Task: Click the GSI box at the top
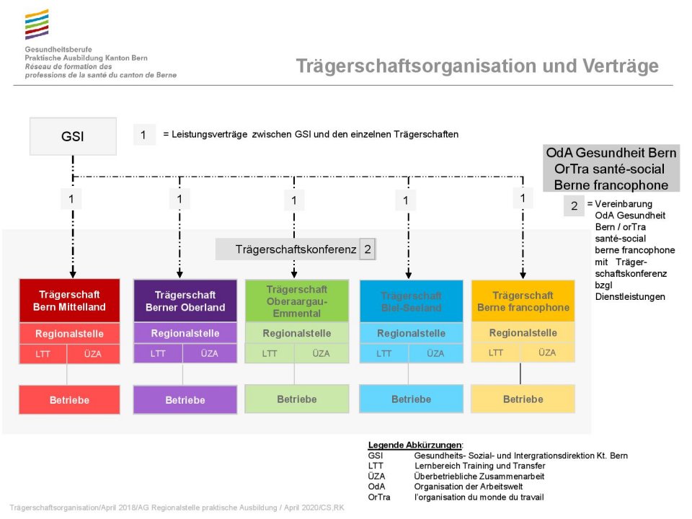[72, 136]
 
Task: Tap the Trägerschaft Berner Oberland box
[185, 301]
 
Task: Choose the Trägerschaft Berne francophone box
[523, 301]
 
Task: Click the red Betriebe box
[69, 399]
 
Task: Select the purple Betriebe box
[185, 400]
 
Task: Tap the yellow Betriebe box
[523, 399]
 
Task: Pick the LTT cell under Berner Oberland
[158, 354]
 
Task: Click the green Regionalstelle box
[296, 334]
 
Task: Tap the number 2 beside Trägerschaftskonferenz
[368, 249]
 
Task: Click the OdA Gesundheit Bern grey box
[611, 169]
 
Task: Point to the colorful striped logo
[37, 25]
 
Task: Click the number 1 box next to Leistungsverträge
[143, 135]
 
